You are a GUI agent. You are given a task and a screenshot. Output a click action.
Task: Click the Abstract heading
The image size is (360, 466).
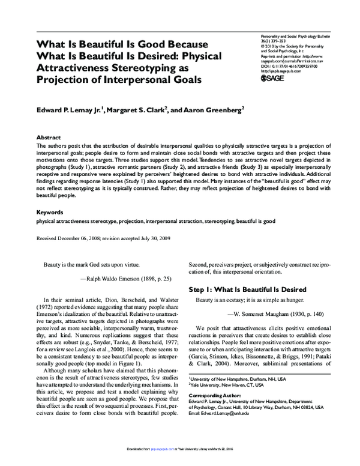click(x=49, y=137)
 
